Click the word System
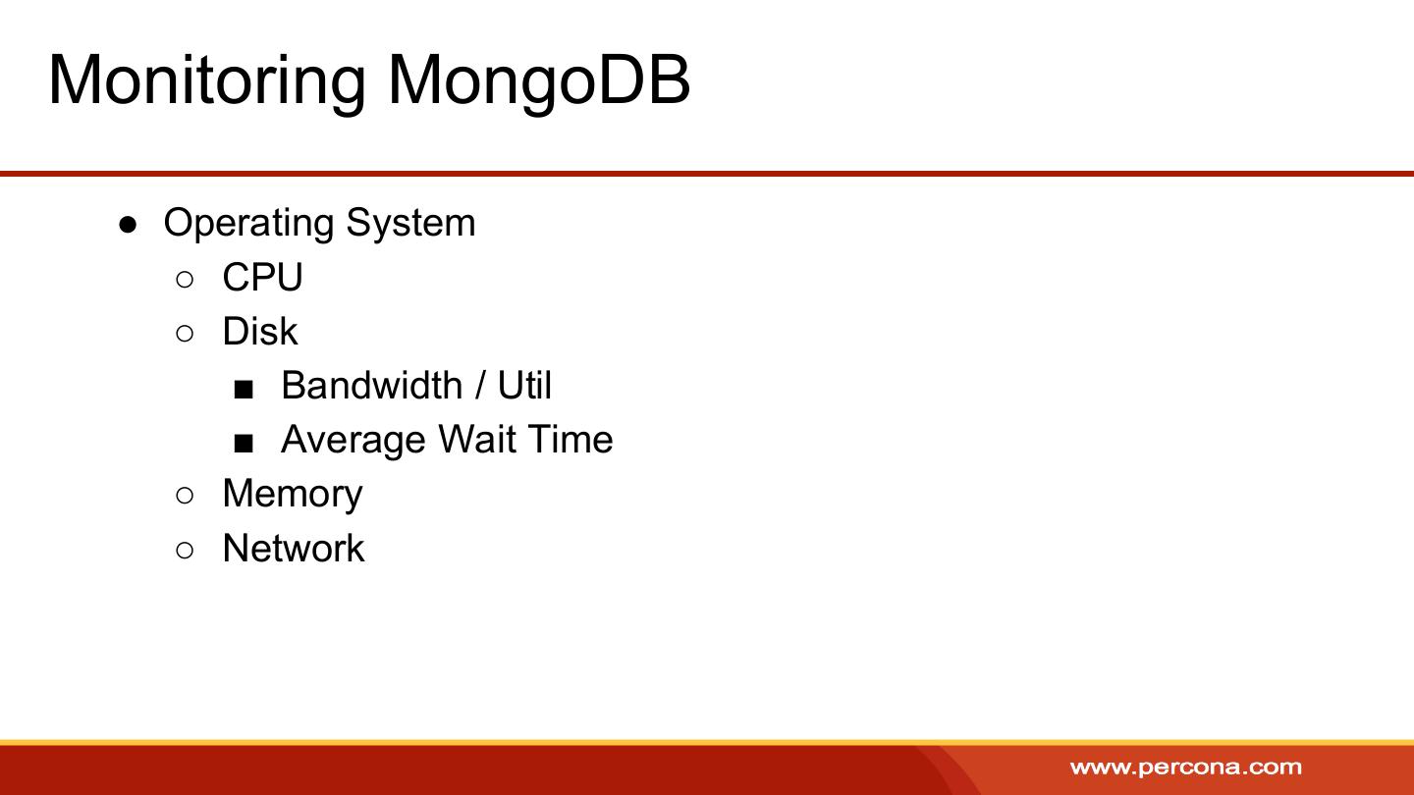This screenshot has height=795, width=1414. [x=410, y=224]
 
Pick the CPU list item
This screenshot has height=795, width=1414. [x=262, y=277]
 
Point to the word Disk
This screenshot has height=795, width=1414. [x=259, y=332]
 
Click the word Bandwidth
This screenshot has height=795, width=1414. [x=372, y=385]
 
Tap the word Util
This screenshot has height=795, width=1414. [x=524, y=385]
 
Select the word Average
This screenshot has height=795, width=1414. [x=353, y=441]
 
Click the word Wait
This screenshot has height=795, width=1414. [x=477, y=439]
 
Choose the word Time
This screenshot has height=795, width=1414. [x=571, y=439]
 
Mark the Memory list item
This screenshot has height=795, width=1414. [x=293, y=495]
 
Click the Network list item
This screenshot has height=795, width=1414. [x=294, y=548]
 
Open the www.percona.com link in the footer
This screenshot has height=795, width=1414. [x=1186, y=768]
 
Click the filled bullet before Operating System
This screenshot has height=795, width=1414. [x=128, y=226]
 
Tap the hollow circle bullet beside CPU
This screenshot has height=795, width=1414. [x=185, y=279]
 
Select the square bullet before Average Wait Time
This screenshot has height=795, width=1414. [x=244, y=444]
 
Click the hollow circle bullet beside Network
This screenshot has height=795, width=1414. [x=185, y=551]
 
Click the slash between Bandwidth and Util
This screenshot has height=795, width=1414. [x=480, y=385]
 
